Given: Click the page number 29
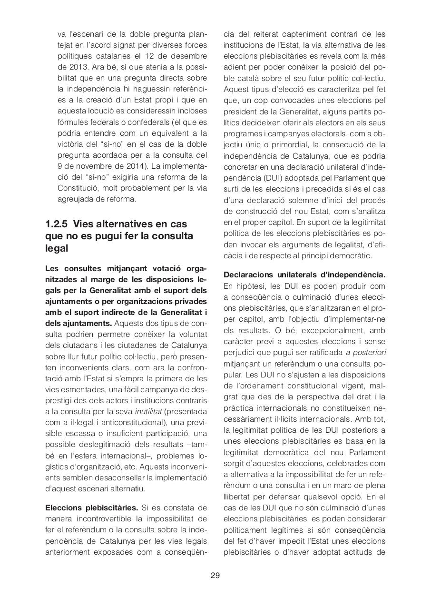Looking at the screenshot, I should click(x=215, y=575).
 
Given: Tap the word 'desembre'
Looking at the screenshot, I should click(x=188, y=56).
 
